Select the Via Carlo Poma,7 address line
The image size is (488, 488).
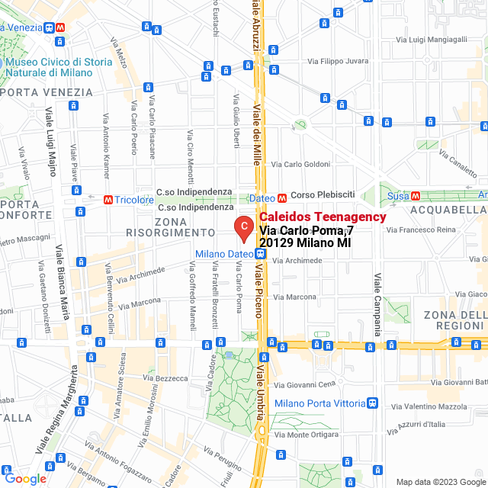[307, 230]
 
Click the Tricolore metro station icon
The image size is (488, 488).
[109, 199]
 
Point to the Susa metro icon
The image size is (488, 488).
[415, 195]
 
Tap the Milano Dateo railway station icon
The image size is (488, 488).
[261, 254]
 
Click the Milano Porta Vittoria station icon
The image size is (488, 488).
[372, 403]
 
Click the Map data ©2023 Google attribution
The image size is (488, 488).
[440, 481]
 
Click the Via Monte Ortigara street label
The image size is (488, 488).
[306, 435]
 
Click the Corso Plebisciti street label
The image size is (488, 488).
[323, 195]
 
